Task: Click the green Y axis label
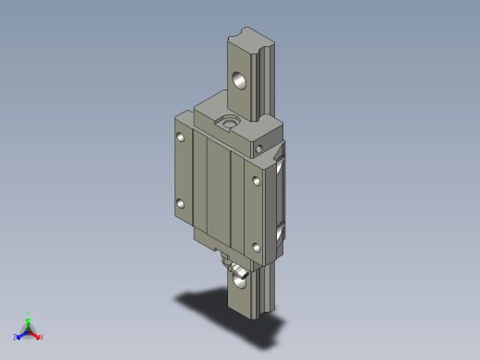pyautogui.click(x=29, y=313)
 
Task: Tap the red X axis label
pyautogui.click(x=42, y=338)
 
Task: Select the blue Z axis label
pyautogui.click(x=16, y=338)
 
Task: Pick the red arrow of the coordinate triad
pyautogui.click(x=35, y=333)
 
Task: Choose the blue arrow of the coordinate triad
pyautogui.click(x=22, y=333)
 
